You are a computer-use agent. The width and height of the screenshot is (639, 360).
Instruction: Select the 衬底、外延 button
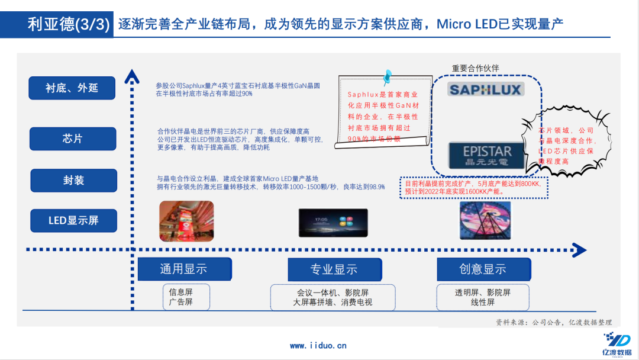pos(72,88)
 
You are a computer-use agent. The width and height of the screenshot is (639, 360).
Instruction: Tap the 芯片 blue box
pos(72,139)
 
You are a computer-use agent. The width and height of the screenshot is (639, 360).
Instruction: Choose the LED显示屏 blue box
pos(73,221)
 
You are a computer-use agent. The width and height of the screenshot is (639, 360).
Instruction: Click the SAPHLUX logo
pos(485,89)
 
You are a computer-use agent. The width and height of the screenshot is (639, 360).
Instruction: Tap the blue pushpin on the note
pos(388,76)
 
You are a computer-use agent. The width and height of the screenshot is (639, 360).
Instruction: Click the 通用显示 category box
pos(184,269)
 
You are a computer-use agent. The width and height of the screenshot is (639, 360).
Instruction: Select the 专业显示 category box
pos(334,269)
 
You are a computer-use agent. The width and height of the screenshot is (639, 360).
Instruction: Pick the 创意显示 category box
pos(483,269)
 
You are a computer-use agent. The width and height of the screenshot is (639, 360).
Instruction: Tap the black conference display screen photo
pos(333,221)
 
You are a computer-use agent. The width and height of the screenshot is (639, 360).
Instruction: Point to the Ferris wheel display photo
pos(485,220)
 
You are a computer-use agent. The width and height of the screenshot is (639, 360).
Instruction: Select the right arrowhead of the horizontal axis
pos(579,250)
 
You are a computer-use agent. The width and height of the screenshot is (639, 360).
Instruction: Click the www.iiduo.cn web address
pos(318,346)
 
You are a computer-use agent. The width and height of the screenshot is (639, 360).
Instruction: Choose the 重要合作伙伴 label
pos(476,68)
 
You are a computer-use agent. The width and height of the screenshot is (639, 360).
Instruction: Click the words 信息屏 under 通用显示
pos(180,292)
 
